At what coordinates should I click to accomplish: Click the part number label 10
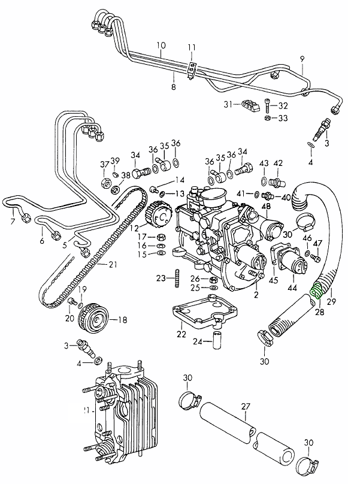pyautogui.click(x=161, y=46)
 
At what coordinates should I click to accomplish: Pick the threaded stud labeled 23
pyautogui.click(x=177, y=278)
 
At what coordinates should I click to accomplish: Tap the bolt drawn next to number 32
pyautogui.click(x=267, y=105)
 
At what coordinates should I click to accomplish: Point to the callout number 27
pyautogui.click(x=245, y=407)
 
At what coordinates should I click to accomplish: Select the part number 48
pyautogui.click(x=266, y=207)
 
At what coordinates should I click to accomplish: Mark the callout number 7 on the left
pyautogui.click(x=13, y=222)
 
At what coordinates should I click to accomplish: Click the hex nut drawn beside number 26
pyautogui.click(x=212, y=279)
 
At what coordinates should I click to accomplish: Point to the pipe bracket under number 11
pyautogui.click(x=191, y=70)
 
